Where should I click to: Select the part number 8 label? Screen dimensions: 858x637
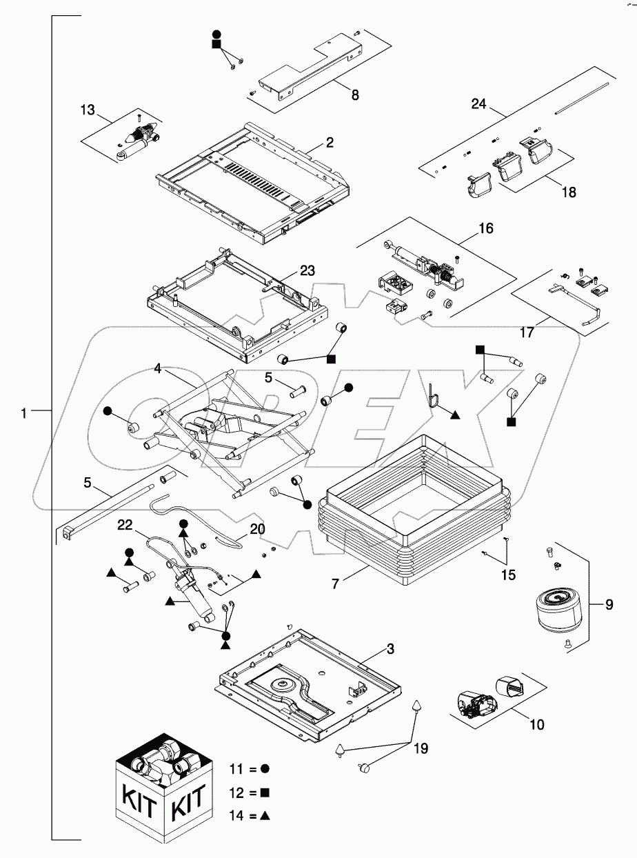click(x=355, y=96)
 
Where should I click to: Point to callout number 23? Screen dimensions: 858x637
click(x=307, y=270)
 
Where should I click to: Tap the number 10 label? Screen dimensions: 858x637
click(x=537, y=724)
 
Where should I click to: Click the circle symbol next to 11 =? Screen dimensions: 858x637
click(x=265, y=768)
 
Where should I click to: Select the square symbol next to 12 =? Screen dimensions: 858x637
click(x=265, y=792)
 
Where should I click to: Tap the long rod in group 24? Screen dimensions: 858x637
click(x=583, y=97)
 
